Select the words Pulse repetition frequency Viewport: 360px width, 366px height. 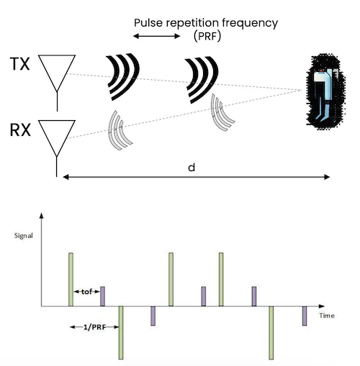click(206, 22)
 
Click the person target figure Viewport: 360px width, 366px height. click(323, 92)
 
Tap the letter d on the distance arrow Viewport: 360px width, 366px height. click(191, 168)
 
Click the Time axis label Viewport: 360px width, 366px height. click(328, 315)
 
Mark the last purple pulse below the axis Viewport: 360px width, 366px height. click(305, 316)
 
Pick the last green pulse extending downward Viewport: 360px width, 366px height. click(271, 332)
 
